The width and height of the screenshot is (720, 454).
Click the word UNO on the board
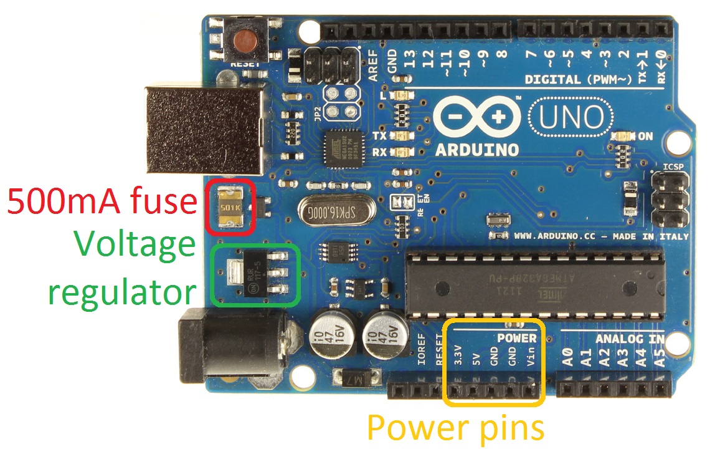click(x=571, y=117)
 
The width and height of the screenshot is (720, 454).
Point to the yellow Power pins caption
click(x=455, y=428)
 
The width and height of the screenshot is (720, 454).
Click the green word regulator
click(x=122, y=292)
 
